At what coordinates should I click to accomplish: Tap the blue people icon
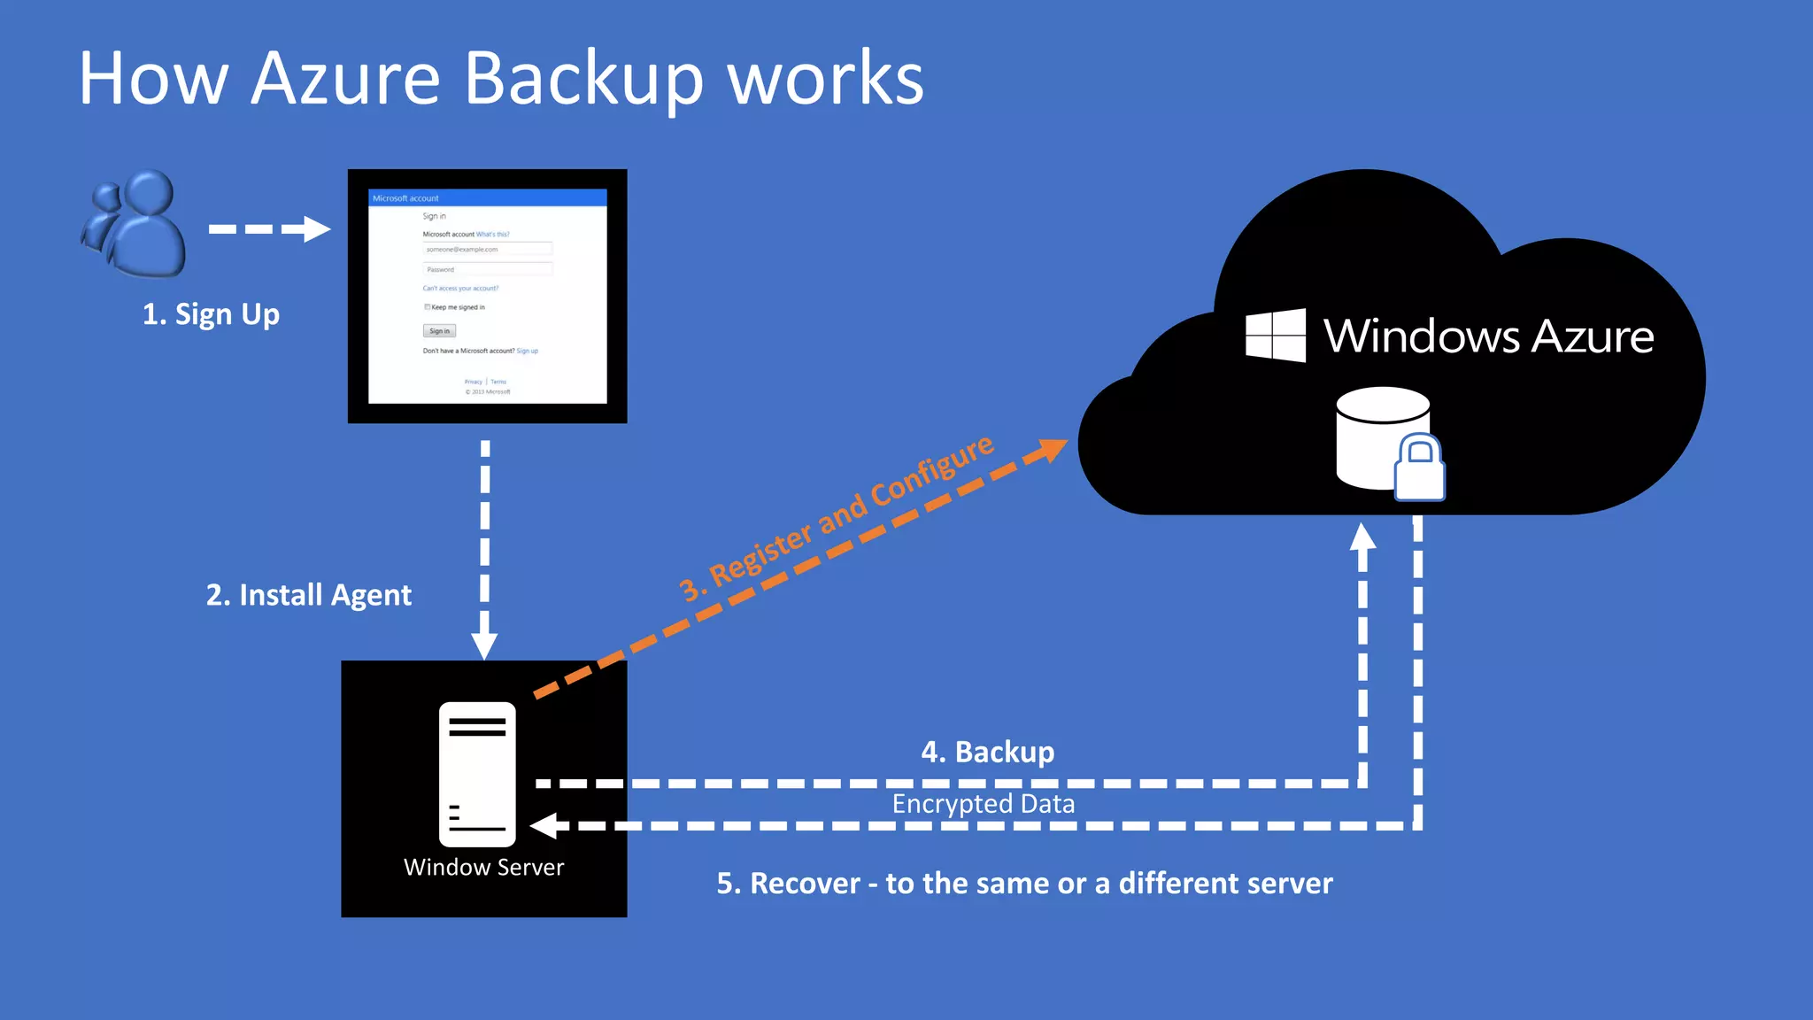coord(137,223)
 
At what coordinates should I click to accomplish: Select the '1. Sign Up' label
coord(211,314)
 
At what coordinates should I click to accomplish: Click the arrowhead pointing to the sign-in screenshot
coord(317,228)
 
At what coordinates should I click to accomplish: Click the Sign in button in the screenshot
coord(439,331)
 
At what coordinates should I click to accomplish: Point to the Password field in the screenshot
coord(487,269)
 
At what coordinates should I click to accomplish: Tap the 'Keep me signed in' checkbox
coord(427,307)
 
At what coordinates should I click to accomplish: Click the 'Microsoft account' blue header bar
coord(487,197)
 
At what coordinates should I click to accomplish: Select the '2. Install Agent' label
coord(308,595)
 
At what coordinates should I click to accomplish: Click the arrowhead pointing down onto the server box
coord(484,645)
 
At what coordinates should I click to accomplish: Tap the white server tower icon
coord(477,774)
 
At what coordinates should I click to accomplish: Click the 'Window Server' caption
coord(483,867)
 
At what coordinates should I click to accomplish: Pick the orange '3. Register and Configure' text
coord(836,519)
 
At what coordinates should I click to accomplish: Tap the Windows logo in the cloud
coord(1275,335)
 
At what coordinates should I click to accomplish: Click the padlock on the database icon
coord(1419,468)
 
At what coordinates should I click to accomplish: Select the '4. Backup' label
coord(988,752)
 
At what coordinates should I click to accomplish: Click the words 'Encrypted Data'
coord(983,804)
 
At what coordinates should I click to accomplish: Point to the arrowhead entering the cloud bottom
coord(1362,537)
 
